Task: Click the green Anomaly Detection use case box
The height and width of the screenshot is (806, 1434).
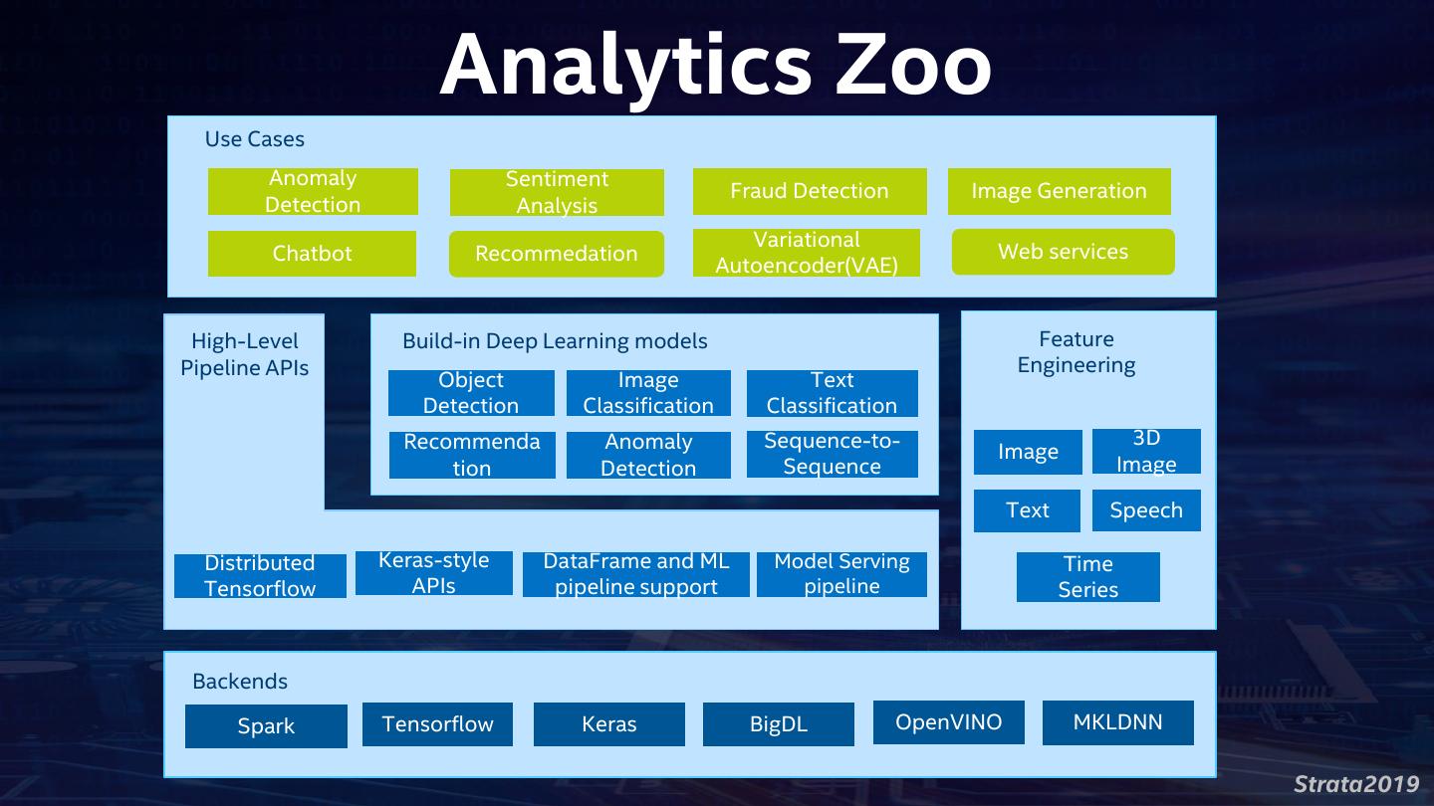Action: coord(313,191)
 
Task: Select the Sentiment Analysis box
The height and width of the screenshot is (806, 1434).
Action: coord(557,192)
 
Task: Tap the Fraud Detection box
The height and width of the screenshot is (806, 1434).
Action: coord(809,191)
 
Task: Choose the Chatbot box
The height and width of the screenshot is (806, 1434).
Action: coord(312,254)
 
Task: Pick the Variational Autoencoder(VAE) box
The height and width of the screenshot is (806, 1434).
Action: coord(806,253)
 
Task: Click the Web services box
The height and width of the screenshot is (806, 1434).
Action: coord(1063,252)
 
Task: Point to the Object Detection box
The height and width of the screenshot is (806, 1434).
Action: coord(471,393)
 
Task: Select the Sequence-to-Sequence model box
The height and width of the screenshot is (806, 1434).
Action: coord(832,454)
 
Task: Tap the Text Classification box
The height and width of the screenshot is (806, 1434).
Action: coord(832,393)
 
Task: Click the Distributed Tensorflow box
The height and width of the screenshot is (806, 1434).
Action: coord(260,576)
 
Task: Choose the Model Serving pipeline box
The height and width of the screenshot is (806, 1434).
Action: coord(841,574)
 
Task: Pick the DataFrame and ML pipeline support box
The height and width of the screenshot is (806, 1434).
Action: coord(635,574)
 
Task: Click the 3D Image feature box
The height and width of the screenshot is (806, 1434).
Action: coord(1146,451)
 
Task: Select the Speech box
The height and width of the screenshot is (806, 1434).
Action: coord(1146,510)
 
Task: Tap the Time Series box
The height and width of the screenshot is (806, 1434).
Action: coord(1087,577)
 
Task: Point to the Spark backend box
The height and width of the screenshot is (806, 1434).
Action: coord(266,726)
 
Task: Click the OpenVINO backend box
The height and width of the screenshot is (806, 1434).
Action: coord(948,722)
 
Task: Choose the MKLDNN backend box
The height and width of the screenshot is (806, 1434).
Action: coord(1117,722)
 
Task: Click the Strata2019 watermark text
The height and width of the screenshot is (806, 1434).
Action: coord(1355,783)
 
